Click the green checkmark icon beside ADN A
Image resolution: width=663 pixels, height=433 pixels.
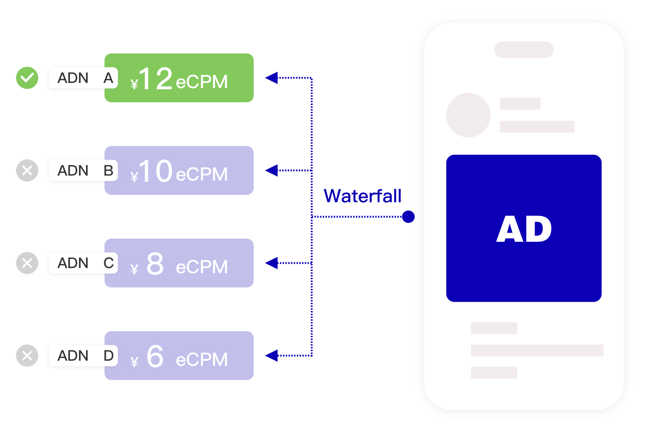tap(27, 78)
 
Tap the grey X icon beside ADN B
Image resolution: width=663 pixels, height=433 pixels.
tap(27, 171)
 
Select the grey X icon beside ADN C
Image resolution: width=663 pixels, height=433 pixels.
tap(27, 263)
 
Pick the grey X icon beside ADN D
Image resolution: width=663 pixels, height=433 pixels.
tap(27, 356)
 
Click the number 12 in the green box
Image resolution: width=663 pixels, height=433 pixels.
tap(155, 79)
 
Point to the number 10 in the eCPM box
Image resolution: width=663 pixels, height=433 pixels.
tap(155, 171)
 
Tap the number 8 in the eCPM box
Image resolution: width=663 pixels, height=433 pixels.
tap(155, 264)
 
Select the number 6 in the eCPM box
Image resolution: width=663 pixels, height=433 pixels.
tap(155, 356)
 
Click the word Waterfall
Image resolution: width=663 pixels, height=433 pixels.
tap(362, 196)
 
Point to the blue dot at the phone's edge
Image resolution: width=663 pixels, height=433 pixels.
tap(408, 216)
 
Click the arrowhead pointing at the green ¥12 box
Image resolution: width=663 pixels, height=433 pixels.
tap(272, 78)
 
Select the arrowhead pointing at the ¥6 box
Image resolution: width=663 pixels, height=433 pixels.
tap(272, 356)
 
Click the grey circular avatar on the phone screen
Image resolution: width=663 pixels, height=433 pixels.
tap(468, 115)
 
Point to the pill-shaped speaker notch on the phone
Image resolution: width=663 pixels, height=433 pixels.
tap(524, 50)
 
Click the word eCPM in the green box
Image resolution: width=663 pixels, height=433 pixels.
tap(202, 82)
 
